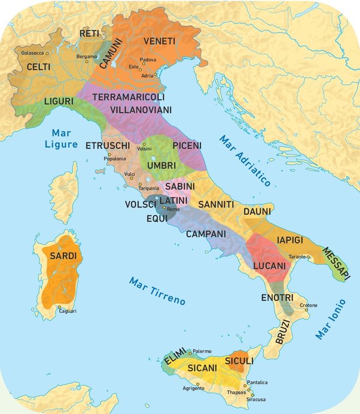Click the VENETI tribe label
click(159, 41)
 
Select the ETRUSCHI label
click(108, 145)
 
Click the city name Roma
click(173, 209)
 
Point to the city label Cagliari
click(68, 311)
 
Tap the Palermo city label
click(203, 351)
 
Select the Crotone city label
click(308, 305)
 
